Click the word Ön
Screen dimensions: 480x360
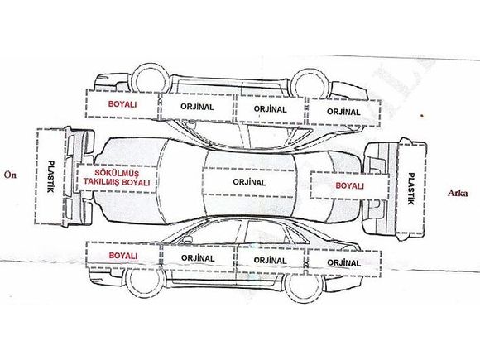[10, 175]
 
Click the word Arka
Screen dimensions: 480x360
[458, 193]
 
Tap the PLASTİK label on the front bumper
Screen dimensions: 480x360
[50, 176]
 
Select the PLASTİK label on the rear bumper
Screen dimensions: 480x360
[410, 189]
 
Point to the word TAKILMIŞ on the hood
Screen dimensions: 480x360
[102, 182]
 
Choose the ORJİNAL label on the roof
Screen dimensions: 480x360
[249, 182]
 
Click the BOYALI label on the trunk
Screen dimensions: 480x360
[349, 186]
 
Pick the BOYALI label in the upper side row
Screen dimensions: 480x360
[122, 104]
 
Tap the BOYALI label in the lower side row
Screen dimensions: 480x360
[123, 256]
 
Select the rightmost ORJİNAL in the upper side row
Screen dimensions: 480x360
[343, 112]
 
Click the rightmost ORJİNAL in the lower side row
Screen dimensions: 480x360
[344, 262]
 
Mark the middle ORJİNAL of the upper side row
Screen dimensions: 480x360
[271, 109]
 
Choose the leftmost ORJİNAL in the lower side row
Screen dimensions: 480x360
[198, 258]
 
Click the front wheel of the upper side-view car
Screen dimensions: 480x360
[152, 79]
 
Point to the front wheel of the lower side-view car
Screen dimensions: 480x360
[144, 281]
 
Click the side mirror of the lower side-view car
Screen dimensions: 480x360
[186, 240]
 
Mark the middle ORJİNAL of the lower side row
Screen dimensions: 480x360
[271, 261]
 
